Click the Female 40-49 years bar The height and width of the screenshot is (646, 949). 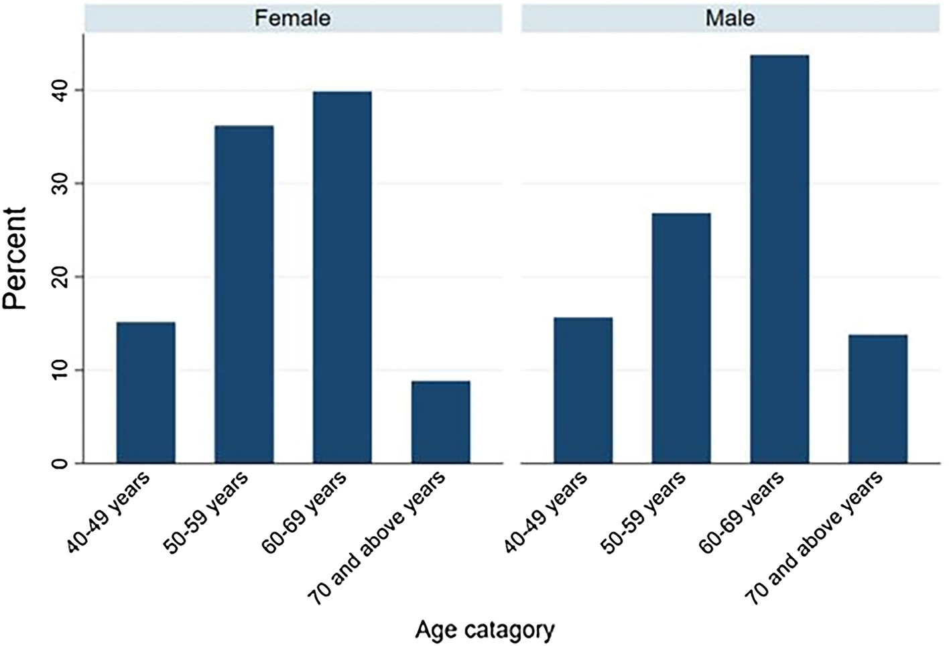[x=145, y=392]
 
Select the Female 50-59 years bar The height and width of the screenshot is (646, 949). [x=244, y=294]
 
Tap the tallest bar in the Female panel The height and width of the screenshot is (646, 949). [x=342, y=277]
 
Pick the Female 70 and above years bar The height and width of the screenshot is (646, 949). [x=440, y=422]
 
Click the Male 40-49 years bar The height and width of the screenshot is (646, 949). [x=583, y=390]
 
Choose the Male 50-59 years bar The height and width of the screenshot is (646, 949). [x=681, y=338]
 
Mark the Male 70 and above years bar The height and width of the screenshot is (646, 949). [x=877, y=399]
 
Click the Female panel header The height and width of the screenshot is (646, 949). [x=293, y=18]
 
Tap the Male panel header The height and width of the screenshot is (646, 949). [x=730, y=18]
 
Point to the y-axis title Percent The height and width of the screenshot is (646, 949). [x=15, y=258]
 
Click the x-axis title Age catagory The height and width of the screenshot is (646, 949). [x=485, y=630]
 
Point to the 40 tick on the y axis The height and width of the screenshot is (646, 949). [x=62, y=90]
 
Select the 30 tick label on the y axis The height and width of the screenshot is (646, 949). [x=62, y=183]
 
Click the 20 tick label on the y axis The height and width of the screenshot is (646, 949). [x=62, y=276]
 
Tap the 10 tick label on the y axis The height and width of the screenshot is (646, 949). [x=62, y=369]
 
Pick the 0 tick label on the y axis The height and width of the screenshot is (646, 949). [x=62, y=463]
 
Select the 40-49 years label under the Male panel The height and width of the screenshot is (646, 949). [x=546, y=513]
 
